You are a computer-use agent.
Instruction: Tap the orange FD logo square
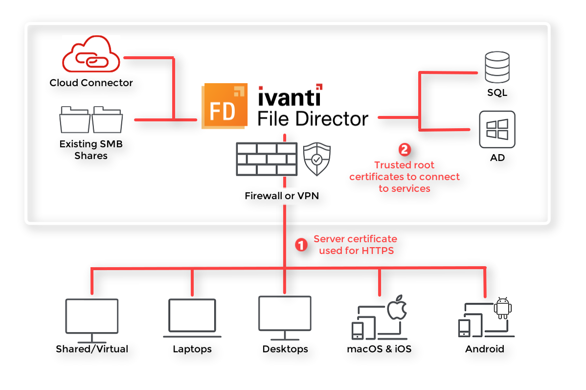point(223,108)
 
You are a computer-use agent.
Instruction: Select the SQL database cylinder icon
point(497,68)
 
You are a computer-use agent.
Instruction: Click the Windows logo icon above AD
point(497,130)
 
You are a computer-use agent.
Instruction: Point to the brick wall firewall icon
point(267,159)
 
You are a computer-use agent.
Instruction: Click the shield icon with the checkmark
point(316,159)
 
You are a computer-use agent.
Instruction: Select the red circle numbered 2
point(405,149)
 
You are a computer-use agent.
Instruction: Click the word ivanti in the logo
point(290,96)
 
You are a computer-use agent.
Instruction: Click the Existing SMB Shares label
point(91,150)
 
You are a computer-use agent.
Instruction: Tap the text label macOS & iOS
point(379,349)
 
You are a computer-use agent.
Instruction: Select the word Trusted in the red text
point(390,165)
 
